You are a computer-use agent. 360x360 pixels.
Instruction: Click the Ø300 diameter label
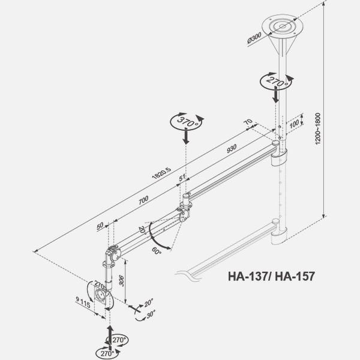[x=254, y=38]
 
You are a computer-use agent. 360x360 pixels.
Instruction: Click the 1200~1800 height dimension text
[x=318, y=128]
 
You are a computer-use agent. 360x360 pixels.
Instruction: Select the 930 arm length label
[x=232, y=149]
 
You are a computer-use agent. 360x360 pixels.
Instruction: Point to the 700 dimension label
[x=143, y=200]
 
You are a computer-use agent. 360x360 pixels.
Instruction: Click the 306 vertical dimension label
[x=121, y=281]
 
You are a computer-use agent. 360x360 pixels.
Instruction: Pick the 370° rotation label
[x=188, y=122]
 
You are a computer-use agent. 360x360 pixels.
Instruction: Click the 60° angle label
[x=157, y=250]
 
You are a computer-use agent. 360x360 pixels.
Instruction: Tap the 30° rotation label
[x=151, y=314]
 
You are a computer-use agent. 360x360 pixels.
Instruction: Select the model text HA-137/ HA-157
[x=271, y=276]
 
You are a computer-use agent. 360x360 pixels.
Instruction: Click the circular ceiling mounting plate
[x=283, y=25]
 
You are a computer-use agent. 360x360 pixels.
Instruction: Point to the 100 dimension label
[x=294, y=124]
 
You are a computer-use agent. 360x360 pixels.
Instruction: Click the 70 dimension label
[x=248, y=122]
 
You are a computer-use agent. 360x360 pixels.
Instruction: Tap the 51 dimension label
[x=182, y=178]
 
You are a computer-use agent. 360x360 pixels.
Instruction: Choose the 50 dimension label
[x=100, y=226]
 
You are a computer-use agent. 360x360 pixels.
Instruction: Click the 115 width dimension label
[x=85, y=304]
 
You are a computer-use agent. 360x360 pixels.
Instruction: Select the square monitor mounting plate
[x=101, y=296]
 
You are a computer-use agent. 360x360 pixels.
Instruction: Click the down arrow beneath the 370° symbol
[x=186, y=136]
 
